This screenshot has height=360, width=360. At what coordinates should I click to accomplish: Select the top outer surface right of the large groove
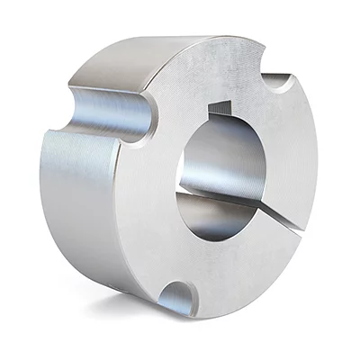[162, 58]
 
